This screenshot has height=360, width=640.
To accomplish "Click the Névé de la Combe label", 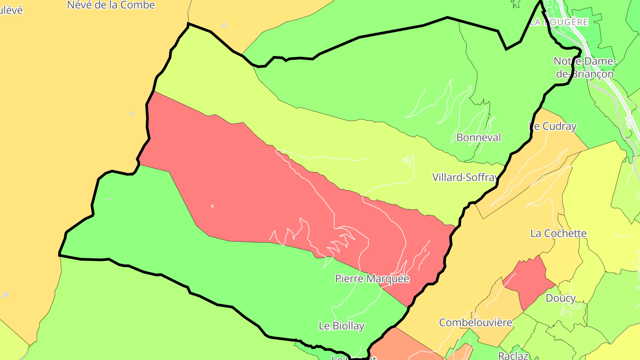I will click(111, 5).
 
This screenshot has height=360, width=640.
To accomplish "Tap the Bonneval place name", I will click(479, 138).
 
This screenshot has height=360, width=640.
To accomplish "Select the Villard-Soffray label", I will click(465, 178).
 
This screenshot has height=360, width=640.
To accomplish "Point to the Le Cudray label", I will click(553, 127).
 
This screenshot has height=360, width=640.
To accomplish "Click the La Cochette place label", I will click(559, 234).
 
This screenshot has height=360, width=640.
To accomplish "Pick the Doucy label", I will click(561, 298).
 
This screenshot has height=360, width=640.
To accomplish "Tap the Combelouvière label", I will click(476, 323).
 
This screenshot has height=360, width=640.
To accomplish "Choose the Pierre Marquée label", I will click(372, 279).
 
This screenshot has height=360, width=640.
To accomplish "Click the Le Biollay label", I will click(342, 326).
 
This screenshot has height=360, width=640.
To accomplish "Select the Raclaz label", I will click(513, 356).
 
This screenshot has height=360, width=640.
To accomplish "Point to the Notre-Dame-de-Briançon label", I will click(585, 68).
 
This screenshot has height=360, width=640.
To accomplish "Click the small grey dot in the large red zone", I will click(212, 206).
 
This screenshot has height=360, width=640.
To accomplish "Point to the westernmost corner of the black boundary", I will click(60, 255).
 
